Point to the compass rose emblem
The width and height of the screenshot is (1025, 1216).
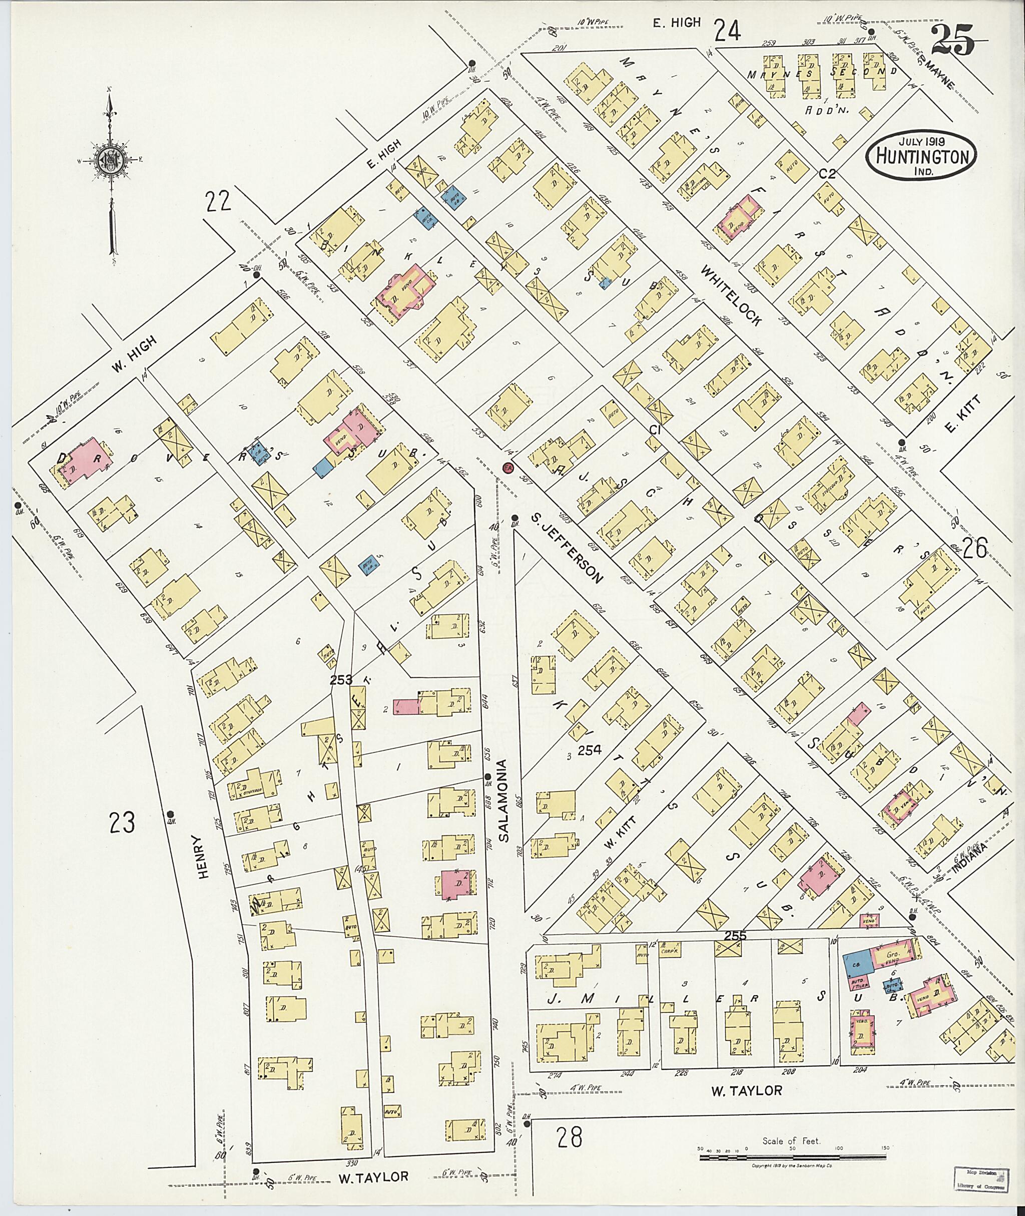[x=111, y=159]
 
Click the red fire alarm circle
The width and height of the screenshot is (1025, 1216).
[x=508, y=468]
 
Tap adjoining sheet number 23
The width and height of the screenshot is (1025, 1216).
[x=122, y=823]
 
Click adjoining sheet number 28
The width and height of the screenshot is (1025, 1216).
[x=569, y=1137]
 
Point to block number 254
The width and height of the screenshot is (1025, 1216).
[x=590, y=750]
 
